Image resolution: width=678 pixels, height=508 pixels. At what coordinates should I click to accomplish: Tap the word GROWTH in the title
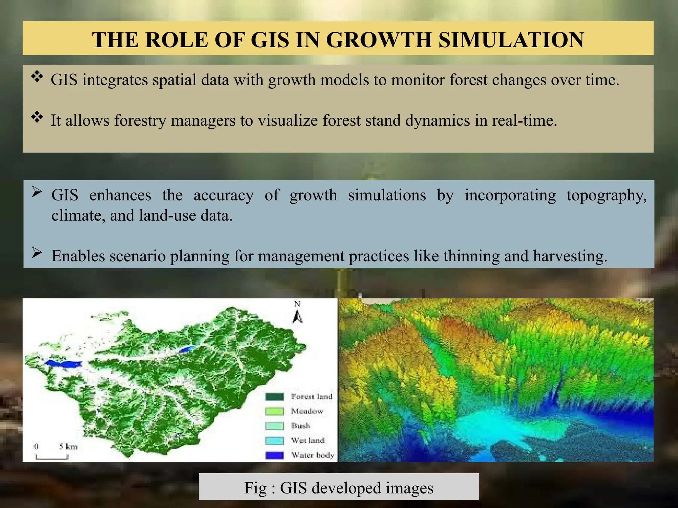379,40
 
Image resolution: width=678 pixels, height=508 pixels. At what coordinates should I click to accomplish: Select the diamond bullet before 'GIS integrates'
37,77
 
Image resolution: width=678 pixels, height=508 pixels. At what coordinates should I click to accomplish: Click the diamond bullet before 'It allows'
37,117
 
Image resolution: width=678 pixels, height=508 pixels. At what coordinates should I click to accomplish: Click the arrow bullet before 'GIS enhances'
37,192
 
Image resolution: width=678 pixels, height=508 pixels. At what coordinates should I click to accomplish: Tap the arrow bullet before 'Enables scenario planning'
37,253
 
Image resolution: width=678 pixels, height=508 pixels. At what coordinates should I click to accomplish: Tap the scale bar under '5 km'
52,458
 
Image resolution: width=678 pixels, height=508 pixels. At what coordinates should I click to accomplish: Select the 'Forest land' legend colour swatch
274,397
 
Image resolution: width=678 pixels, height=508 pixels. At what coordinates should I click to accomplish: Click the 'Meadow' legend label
307,411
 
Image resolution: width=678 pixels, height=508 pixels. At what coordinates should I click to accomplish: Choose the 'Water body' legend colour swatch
274,455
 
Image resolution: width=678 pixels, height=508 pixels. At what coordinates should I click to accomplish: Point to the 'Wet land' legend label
308,441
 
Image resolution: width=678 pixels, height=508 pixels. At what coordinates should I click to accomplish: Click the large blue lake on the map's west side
63,363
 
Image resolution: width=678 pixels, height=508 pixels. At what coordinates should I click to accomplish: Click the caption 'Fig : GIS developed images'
339,488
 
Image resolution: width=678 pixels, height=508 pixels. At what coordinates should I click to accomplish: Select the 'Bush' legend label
301,426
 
